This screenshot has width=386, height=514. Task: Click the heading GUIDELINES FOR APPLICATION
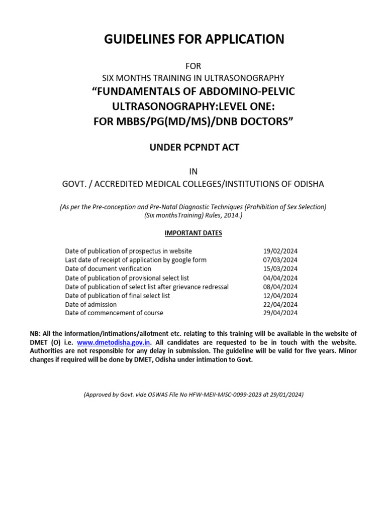[x=194, y=39]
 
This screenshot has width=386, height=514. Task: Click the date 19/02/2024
[x=280, y=251]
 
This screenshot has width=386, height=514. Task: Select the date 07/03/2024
[x=280, y=260]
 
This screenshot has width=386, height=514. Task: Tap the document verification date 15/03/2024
[x=280, y=269]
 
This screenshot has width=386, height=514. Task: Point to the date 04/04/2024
[x=280, y=278]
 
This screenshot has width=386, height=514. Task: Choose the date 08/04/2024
[x=280, y=287]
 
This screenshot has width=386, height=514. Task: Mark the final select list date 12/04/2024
[x=280, y=296]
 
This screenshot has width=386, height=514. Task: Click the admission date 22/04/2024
[x=280, y=305]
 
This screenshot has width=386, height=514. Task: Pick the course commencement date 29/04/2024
[x=280, y=313]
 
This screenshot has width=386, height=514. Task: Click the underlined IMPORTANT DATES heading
[x=194, y=233]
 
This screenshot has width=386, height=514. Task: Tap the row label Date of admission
[x=91, y=305]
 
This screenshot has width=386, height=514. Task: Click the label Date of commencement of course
[x=114, y=313]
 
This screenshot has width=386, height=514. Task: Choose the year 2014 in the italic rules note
[x=234, y=215]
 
